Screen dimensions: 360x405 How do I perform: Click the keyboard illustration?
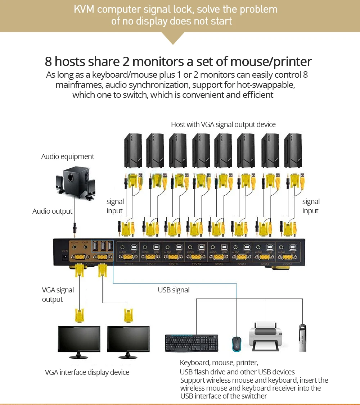192,343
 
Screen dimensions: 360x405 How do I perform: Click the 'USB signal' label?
174,290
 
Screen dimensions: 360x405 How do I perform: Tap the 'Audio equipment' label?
68,156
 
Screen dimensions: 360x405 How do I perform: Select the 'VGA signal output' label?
58,295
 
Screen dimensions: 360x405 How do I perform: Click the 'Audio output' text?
53,211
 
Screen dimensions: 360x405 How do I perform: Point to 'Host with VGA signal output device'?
223,124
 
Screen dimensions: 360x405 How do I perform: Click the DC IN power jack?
65,256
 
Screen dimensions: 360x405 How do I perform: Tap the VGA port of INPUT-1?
287,257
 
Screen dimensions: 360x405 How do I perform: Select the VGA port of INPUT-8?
128,257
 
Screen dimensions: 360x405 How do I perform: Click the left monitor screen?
79,339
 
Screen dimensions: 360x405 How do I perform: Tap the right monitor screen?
128,339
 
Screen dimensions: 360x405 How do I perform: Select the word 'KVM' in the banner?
84,9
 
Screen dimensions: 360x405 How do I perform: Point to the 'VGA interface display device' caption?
87,372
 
